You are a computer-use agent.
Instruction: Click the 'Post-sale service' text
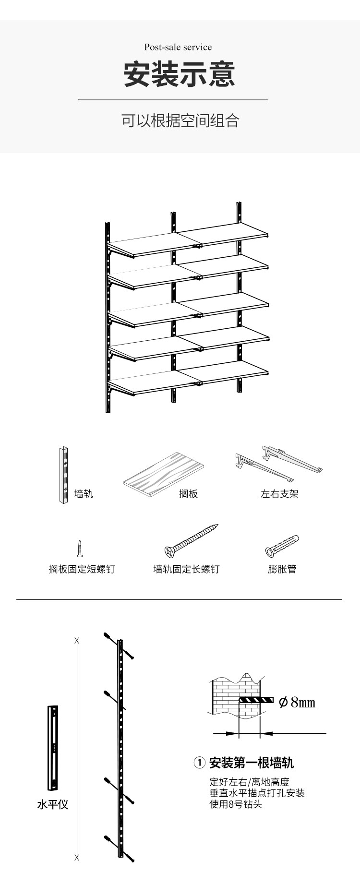click(x=178, y=47)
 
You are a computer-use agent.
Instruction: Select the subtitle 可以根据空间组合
click(x=180, y=120)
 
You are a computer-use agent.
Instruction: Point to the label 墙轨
click(x=84, y=494)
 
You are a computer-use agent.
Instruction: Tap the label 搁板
click(x=188, y=494)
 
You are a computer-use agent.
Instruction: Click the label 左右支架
click(x=279, y=494)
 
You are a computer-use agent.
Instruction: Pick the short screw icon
click(x=80, y=548)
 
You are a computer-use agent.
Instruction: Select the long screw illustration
click(x=191, y=541)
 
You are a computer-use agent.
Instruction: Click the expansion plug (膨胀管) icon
click(x=282, y=546)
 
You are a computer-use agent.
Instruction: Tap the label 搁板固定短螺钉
click(x=82, y=569)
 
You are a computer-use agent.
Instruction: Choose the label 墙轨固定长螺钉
click(x=187, y=569)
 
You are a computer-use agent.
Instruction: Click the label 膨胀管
click(x=282, y=569)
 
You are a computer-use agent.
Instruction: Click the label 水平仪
click(x=53, y=804)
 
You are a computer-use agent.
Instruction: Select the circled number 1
click(x=199, y=763)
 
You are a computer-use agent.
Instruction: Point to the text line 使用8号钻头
click(x=236, y=804)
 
